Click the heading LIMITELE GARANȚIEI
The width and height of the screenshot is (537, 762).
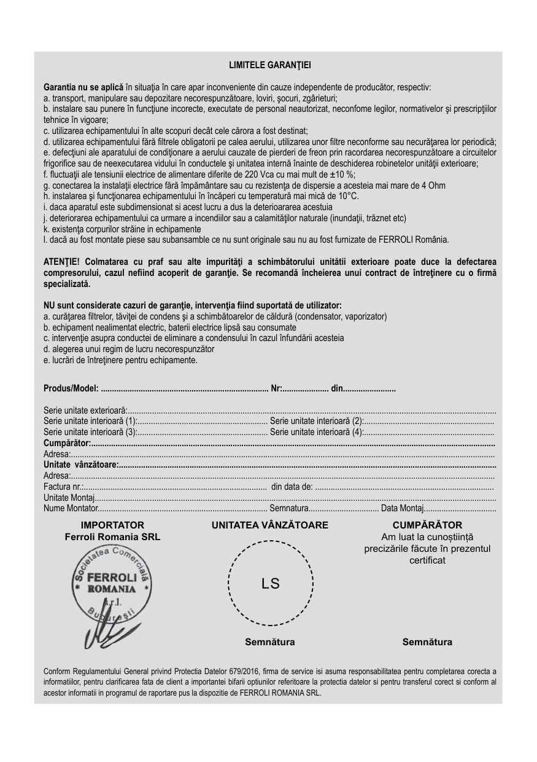click(269, 64)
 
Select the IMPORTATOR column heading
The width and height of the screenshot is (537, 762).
click(112, 525)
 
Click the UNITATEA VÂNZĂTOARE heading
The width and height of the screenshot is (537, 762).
click(270, 525)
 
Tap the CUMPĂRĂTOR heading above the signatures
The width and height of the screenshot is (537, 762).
click(427, 525)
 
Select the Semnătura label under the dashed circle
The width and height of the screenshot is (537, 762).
click(270, 642)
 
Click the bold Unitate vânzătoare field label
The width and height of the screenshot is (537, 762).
click(80, 465)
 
